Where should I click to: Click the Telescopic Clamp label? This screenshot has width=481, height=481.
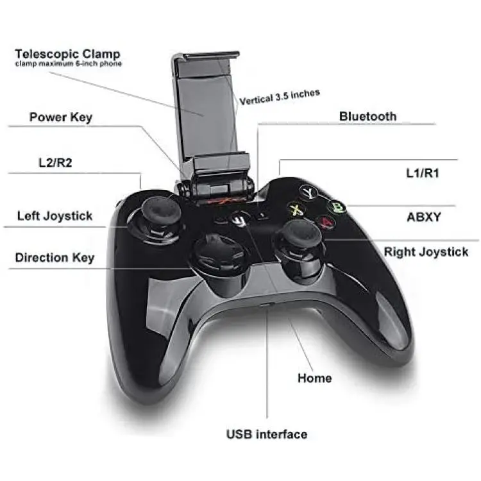tap(67, 54)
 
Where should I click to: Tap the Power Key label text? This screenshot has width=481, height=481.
tap(61, 117)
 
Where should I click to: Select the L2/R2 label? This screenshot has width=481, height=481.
tap(55, 163)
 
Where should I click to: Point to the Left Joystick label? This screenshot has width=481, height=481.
tap(55, 216)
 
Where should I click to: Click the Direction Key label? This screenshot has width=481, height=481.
tap(55, 258)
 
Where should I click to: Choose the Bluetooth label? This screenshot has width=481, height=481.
tap(368, 117)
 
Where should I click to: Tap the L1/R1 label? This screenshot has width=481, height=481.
tap(423, 173)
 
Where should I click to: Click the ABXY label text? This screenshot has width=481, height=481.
tap(424, 217)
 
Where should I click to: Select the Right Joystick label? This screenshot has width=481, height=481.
tap(426, 252)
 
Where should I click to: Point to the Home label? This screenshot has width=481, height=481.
tap(315, 378)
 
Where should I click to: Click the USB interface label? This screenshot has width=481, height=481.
tap(267, 434)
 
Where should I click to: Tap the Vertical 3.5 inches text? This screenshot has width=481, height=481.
tap(280, 97)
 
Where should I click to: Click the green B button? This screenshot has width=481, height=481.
tap(337, 207)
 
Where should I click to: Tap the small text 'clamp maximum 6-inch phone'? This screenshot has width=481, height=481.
tap(69, 63)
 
